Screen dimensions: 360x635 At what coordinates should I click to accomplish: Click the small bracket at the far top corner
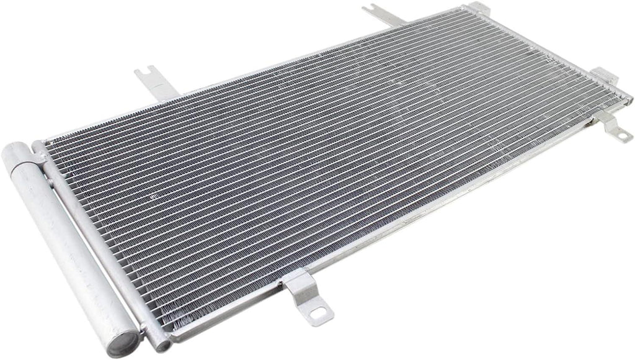point(477,7)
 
